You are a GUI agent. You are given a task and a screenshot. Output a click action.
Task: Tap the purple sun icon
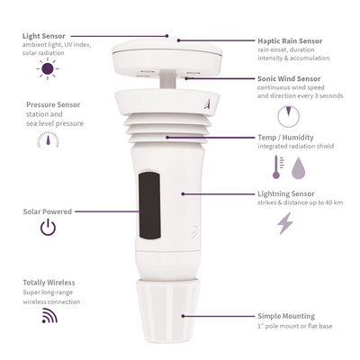coord(48,69)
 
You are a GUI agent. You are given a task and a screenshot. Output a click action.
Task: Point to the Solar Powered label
coord(48,211)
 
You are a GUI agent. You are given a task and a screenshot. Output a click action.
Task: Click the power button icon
coord(48,229)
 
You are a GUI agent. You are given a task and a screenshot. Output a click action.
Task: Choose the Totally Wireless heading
coord(49,283)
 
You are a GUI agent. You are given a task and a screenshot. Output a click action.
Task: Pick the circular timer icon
coord(287,116)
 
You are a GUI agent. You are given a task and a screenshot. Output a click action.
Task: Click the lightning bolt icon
coord(285,223)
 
